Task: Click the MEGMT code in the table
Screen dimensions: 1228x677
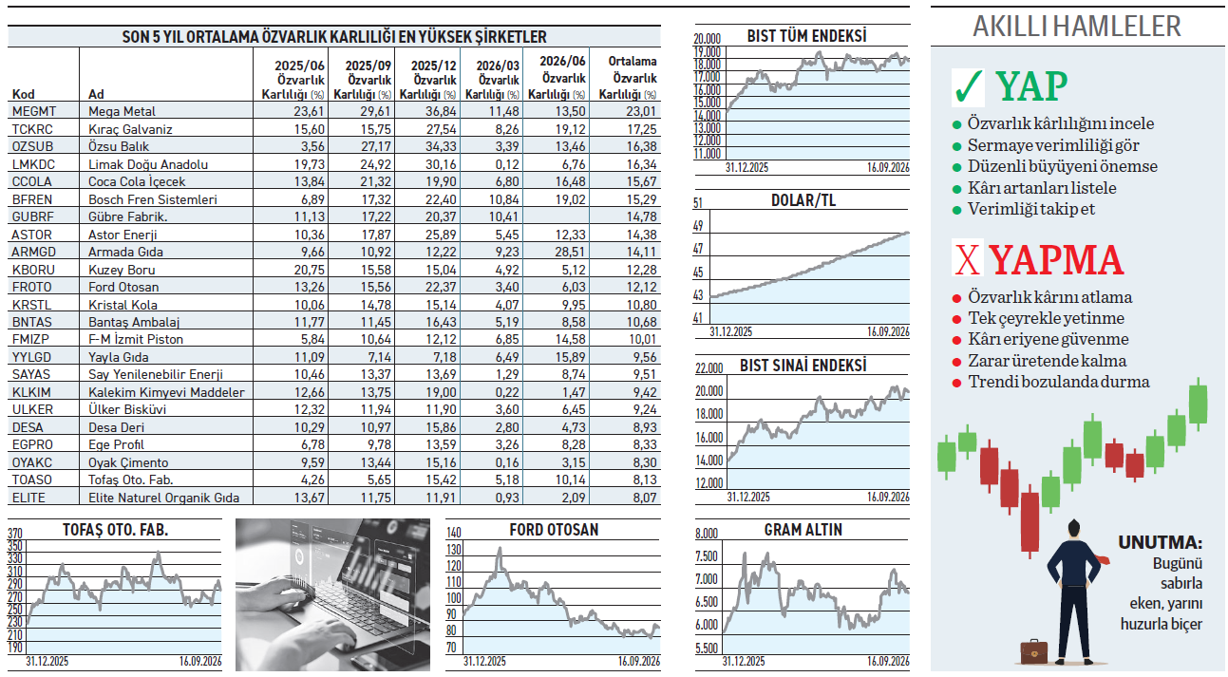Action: point(34,111)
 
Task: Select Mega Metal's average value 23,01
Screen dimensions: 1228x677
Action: point(641,111)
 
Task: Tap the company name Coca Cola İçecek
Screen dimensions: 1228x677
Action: point(137,181)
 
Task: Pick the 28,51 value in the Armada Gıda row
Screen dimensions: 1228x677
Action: point(570,252)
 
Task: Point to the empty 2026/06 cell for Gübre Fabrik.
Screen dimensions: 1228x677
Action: point(556,216)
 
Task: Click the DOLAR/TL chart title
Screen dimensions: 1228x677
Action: point(803,200)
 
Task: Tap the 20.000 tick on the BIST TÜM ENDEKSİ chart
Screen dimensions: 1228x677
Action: point(708,39)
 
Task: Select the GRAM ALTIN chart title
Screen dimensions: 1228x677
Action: point(803,530)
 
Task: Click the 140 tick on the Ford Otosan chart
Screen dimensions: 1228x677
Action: point(454,533)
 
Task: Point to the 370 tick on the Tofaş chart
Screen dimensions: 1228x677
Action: point(15,534)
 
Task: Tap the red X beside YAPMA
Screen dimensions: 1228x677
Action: point(968,260)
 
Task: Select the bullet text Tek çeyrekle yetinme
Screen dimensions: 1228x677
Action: point(1046,318)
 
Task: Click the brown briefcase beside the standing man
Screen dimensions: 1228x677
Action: point(1034,651)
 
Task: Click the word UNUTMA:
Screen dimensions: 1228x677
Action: point(1160,542)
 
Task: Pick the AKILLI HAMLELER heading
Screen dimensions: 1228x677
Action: point(1077,27)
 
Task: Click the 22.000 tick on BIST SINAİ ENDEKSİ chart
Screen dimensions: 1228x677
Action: point(709,368)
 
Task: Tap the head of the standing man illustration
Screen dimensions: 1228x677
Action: point(1073,529)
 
